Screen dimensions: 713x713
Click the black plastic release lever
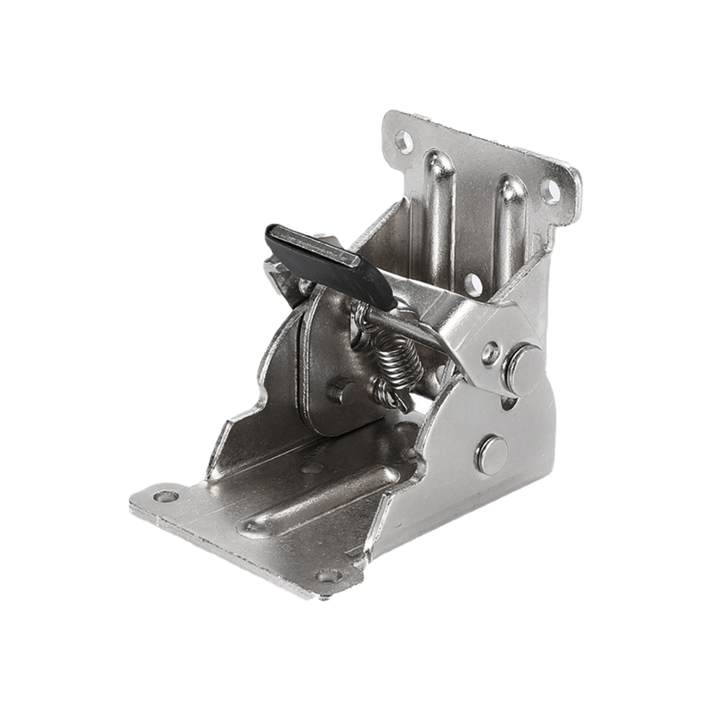[330, 263]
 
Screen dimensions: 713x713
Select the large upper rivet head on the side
[524, 368]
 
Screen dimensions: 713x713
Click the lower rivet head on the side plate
[491, 454]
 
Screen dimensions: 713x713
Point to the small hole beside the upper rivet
[489, 353]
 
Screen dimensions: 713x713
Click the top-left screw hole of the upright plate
[404, 141]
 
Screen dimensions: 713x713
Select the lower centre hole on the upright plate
[473, 283]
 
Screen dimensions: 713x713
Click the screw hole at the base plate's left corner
[166, 496]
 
